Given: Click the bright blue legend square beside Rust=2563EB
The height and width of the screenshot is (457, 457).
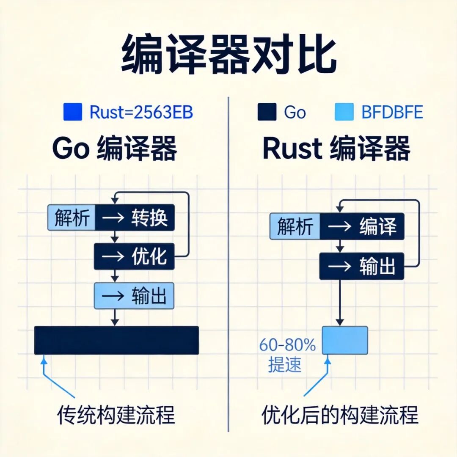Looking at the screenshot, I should click(x=72, y=112).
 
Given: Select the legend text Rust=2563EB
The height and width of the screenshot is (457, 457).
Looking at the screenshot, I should click(x=141, y=112).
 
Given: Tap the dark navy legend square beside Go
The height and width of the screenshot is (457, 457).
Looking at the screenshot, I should click(x=267, y=112).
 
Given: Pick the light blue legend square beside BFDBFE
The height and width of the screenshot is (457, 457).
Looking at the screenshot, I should click(x=344, y=112).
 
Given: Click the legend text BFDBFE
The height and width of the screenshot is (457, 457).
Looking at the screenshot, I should click(x=392, y=112).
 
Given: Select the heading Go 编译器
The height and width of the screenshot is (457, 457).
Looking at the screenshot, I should click(x=114, y=149).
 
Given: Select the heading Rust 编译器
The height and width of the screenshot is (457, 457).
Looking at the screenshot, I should click(x=336, y=149).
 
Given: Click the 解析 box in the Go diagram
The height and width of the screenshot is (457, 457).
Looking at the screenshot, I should click(x=72, y=217).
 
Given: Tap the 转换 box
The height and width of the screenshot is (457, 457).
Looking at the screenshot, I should click(x=135, y=217).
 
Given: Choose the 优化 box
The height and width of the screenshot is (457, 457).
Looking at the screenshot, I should click(x=134, y=256).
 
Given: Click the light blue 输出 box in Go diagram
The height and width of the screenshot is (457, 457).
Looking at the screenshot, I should click(x=134, y=295).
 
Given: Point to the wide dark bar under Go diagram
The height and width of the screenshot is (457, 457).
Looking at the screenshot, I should click(x=116, y=340).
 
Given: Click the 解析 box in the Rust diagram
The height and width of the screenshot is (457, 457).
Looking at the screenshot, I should click(x=295, y=226).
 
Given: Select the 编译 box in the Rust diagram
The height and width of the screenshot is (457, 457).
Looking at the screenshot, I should click(x=362, y=226).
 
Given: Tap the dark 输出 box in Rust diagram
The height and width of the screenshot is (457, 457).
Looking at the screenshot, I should click(x=362, y=266).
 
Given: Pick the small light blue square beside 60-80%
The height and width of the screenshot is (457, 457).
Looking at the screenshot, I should click(x=345, y=340).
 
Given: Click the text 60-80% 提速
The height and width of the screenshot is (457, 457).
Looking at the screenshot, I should click(x=287, y=355).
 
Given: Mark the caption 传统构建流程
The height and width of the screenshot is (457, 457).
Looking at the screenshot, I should click(x=116, y=415).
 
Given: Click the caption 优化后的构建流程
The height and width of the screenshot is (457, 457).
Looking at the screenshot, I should click(x=340, y=415).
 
